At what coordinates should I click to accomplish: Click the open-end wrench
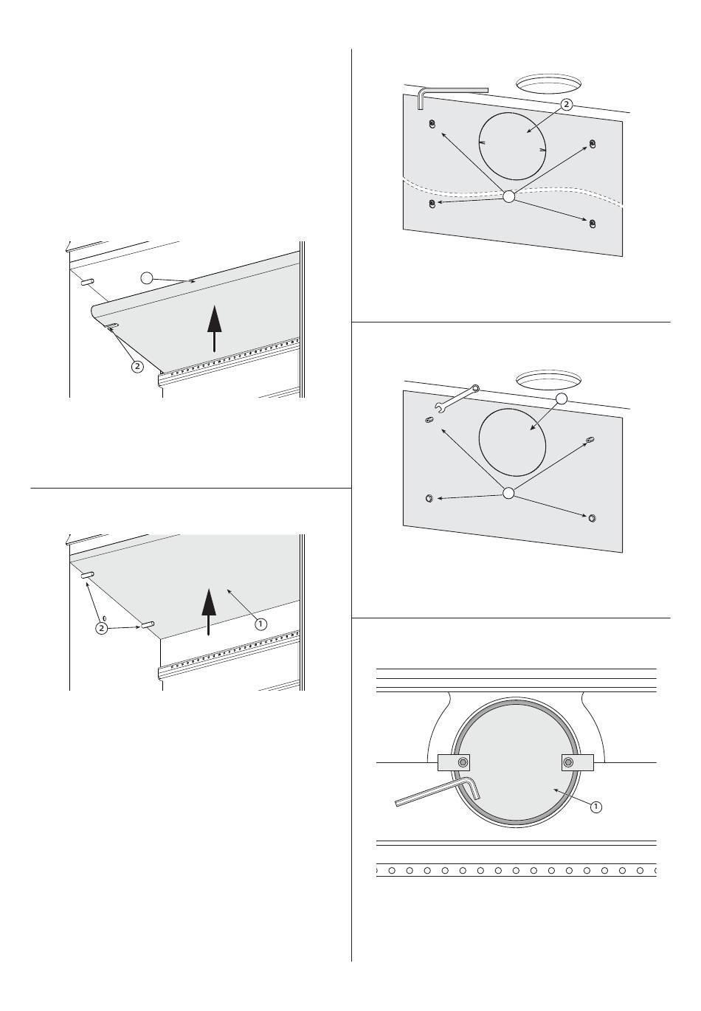click(456, 397)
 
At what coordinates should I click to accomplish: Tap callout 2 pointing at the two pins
click(102, 628)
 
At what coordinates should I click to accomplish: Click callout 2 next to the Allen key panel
click(566, 105)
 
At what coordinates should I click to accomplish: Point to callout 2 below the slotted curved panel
click(137, 366)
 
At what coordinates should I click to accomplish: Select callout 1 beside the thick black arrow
click(260, 624)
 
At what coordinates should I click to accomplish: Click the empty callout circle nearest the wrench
click(561, 398)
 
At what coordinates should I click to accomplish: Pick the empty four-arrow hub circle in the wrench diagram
click(508, 493)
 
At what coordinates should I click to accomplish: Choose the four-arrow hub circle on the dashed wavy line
click(508, 196)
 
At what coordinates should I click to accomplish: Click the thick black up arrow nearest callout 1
click(208, 612)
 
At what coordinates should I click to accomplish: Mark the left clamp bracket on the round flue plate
click(454, 762)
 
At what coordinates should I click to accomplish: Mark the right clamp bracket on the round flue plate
click(577, 762)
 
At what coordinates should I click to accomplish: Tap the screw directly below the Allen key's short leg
click(432, 124)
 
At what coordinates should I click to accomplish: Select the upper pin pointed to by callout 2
click(87, 576)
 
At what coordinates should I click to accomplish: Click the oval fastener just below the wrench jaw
click(429, 420)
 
